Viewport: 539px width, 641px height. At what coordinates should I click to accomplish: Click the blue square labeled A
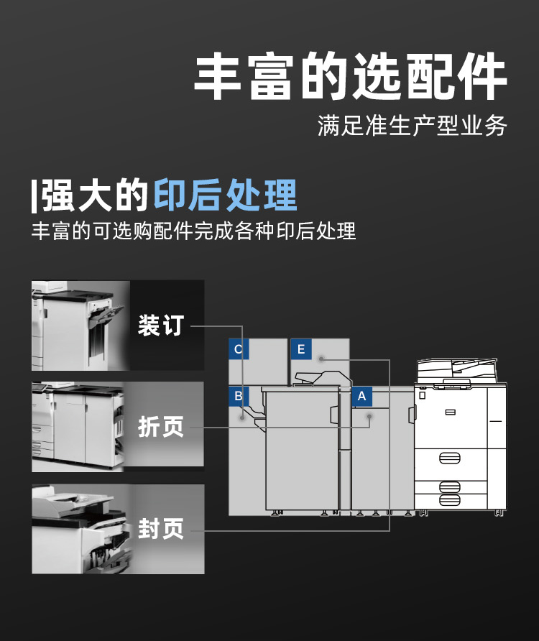click(362, 396)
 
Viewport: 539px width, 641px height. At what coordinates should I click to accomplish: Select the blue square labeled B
click(239, 396)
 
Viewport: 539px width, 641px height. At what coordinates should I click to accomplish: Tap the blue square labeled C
click(239, 349)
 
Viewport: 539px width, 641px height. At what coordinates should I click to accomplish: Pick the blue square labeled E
click(301, 349)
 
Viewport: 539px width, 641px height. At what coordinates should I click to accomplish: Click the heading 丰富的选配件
click(351, 75)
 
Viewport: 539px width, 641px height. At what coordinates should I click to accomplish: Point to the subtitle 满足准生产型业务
click(413, 126)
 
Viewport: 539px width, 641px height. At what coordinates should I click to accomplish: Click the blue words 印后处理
click(226, 195)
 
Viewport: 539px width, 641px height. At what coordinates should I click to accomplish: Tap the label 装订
click(161, 326)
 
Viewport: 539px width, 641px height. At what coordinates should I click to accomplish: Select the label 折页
click(161, 427)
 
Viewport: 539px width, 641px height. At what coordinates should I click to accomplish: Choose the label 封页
click(161, 529)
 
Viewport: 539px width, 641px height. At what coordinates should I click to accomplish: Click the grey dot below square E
click(321, 359)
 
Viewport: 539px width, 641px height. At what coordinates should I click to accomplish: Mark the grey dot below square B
click(242, 418)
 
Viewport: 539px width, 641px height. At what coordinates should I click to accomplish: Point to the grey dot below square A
click(369, 417)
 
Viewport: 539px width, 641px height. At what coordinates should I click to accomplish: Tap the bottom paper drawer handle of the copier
click(450, 500)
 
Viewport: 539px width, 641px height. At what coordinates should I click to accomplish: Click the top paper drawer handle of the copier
click(450, 458)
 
